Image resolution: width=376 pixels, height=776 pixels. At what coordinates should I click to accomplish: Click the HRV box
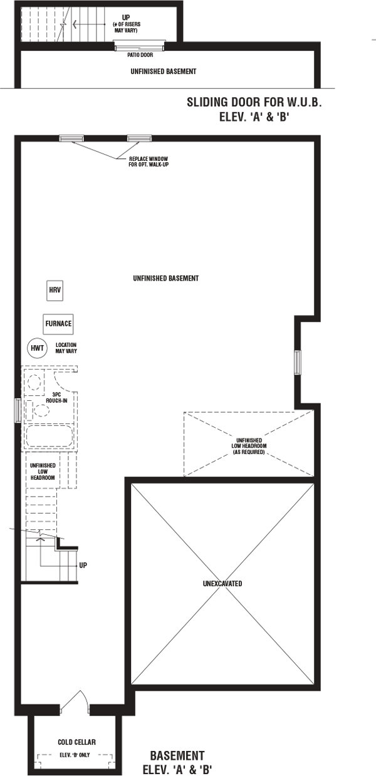(x=55, y=291)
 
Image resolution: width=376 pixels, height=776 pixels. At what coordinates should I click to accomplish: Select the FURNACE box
(x=58, y=324)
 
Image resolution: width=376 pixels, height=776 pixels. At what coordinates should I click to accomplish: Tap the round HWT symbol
(x=37, y=348)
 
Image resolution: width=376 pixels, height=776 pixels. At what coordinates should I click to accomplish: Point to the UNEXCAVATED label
(x=222, y=584)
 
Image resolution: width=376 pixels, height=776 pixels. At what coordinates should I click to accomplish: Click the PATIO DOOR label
(x=140, y=54)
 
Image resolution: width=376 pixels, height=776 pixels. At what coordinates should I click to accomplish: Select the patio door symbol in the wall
(x=140, y=45)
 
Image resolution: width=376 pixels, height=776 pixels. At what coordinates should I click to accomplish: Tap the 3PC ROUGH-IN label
(x=56, y=397)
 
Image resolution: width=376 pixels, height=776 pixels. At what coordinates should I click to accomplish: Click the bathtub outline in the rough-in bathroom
(x=50, y=436)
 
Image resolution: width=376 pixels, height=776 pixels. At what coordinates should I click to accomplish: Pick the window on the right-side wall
(x=297, y=363)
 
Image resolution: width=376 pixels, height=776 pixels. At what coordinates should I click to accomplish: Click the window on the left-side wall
(x=18, y=410)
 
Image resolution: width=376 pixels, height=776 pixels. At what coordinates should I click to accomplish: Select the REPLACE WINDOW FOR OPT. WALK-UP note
(x=149, y=162)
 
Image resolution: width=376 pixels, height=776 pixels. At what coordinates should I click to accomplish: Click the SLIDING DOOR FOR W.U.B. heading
(x=254, y=102)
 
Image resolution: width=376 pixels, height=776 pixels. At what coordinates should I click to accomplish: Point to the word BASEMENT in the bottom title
(x=177, y=755)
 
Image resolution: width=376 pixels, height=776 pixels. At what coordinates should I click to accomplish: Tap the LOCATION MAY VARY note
(x=66, y=348)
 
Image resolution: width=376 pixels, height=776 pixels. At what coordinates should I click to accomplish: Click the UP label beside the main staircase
(x=83, y=566)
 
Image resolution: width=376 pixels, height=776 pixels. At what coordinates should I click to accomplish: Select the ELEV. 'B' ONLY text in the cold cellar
(x=75, y=755)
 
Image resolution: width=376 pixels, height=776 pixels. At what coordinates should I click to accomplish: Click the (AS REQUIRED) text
(x=249, y=452)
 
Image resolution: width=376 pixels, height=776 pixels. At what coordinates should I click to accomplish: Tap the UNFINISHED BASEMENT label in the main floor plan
(x=166, y=278)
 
